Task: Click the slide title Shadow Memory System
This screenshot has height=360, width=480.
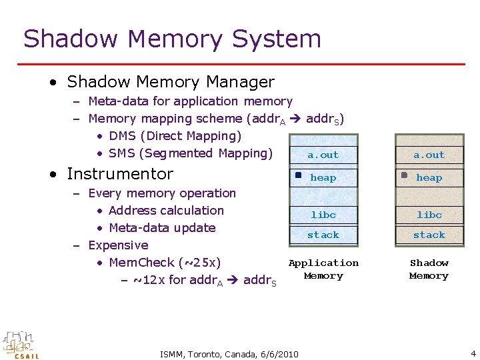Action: [x=172, y=39]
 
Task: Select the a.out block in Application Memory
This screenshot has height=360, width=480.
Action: [x=323, y=155]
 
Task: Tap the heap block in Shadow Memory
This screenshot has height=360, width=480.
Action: [x=429, y=177]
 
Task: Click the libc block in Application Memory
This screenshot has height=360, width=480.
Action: [x=323, y=215]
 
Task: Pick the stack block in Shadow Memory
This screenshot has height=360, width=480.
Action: [x=429, y=235]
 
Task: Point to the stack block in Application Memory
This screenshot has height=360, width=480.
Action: [x=323, y=235]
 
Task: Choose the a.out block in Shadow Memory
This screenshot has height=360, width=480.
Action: [x=429, y=155]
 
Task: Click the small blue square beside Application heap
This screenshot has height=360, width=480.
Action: [x=299, y=175]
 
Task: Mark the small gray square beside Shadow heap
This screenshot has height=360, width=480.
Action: [x=404, y=175]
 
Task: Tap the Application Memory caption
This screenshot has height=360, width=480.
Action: [x=323, y=269]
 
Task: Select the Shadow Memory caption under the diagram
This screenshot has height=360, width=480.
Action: [x=429, y=269]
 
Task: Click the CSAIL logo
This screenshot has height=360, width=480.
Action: [x=21, y=345]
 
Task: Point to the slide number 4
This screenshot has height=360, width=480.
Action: [x=473, y=353]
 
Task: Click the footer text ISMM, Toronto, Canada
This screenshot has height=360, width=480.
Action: [x=229, y=354]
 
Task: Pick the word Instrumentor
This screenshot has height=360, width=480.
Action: [x=120, y=174]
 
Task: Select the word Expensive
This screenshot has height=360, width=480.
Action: [x=118, y=245]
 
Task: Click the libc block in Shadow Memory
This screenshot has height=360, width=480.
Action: [x=429, y=215]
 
